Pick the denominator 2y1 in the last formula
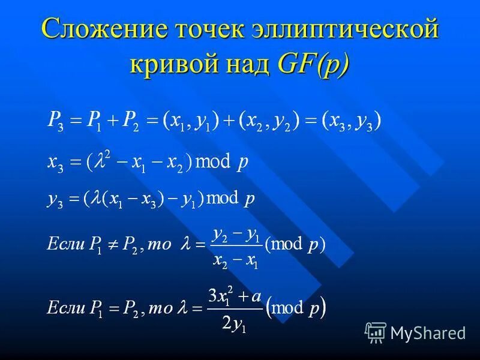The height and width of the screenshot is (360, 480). pyautogui.click(x=235, y=324)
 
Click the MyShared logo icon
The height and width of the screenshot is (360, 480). pyautogui.click(x=376, y=332)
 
